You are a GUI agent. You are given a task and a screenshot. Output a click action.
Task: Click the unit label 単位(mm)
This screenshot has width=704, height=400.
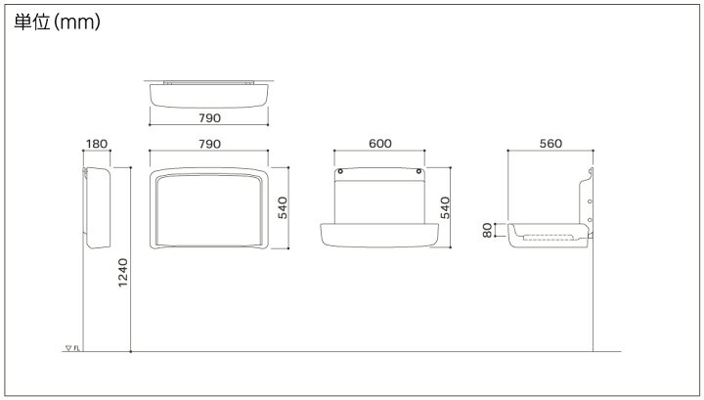pos(57,22)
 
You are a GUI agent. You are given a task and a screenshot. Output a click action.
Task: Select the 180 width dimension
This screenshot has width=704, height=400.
pos(97,144)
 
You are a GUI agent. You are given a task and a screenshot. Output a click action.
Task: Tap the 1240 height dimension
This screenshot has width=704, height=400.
pos(122,273)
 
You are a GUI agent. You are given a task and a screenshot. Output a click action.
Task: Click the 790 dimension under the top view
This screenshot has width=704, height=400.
pos(209,118)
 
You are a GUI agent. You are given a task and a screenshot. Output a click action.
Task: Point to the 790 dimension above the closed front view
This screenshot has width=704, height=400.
pos(209,144)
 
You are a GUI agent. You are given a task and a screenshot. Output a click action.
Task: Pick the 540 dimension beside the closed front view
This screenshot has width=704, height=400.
pos(283,208)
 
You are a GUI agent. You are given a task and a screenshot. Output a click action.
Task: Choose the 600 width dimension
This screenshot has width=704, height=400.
pos(379,143)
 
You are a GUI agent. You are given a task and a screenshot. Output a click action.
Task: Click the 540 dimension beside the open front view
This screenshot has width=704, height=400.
pos(445,208)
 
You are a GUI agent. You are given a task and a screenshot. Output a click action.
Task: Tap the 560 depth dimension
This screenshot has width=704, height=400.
pos(550,143)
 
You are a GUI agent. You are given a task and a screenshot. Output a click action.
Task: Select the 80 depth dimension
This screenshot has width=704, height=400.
pos(487,230)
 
